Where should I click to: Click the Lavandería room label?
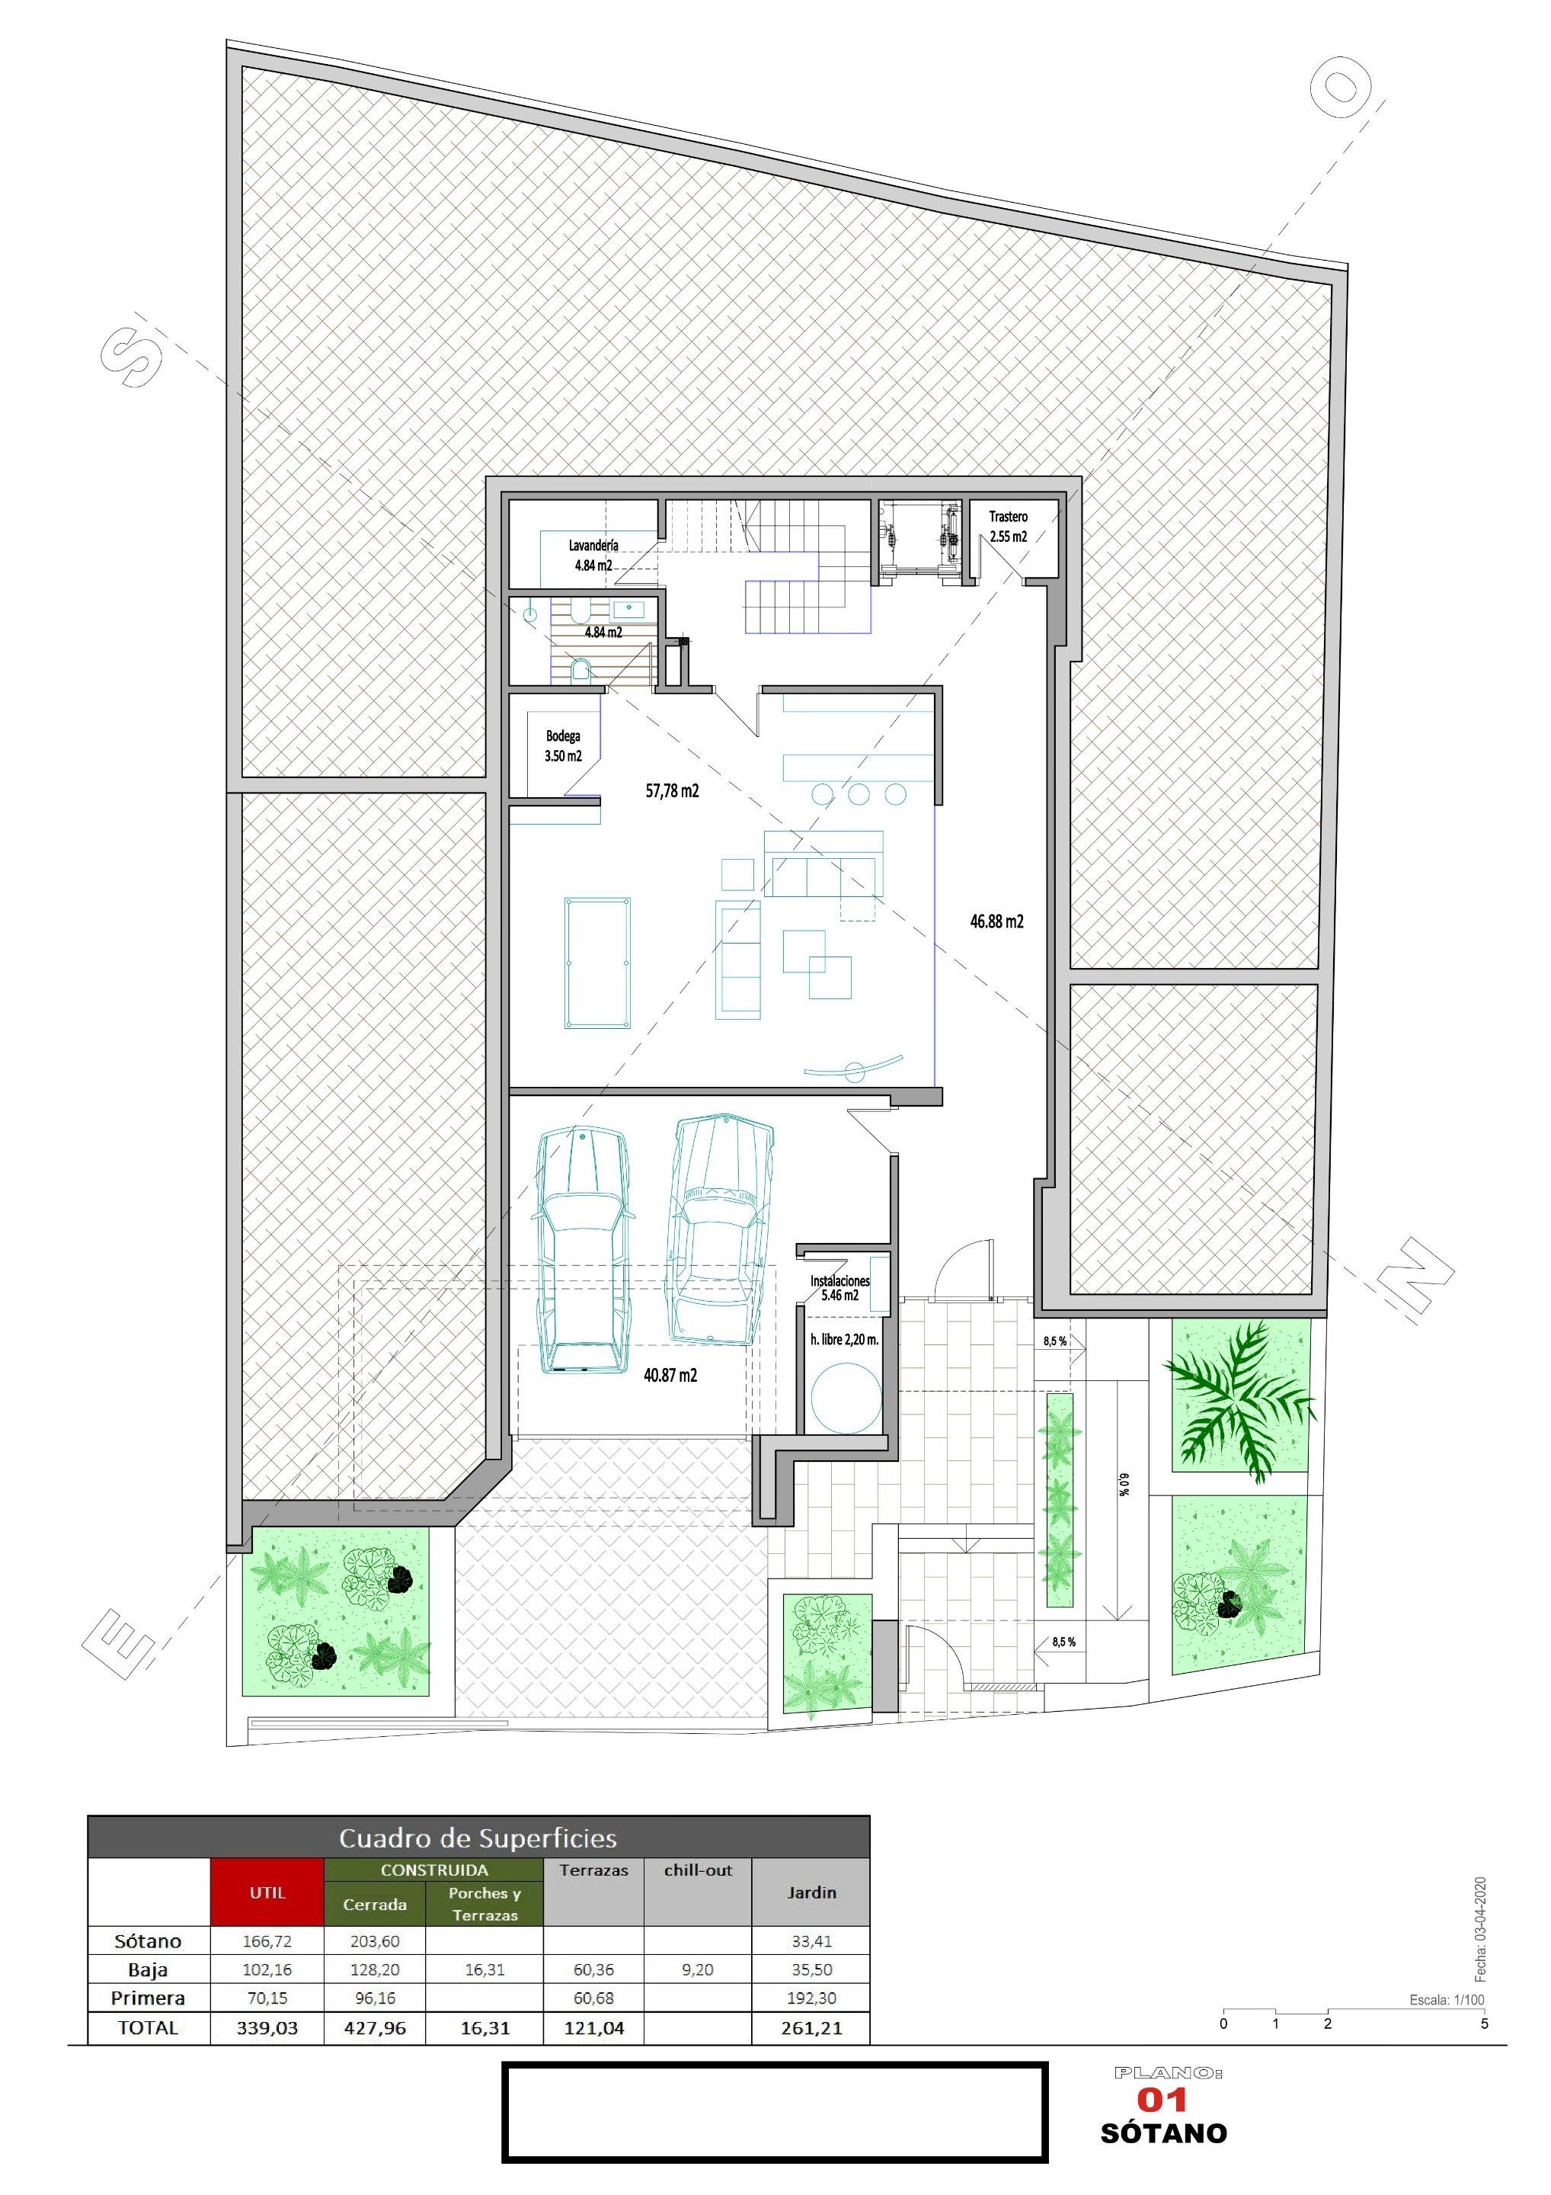click(x=593, y=545)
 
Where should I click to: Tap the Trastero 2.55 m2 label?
click(x=1008, y=527)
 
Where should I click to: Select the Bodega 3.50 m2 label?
click(x=563, y=745)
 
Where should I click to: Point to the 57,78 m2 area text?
click(x=672, y=790)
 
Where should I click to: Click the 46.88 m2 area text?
click(x=996, y=921)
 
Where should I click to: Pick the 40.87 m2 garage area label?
click(x=670, y=1375)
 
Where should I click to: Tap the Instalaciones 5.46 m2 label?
click(x=840, y=1288)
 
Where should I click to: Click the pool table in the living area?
click(x=597, y=962)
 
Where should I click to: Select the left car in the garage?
click(x=582, y=1251)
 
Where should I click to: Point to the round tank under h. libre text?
click(x=846, y=1397)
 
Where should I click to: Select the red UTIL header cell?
click(x=267, y=1892)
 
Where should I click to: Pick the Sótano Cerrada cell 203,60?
click(x=375, y=1940)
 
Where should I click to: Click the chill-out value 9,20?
click(x=698, y=1969)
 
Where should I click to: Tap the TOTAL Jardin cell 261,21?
click(x=811, y=2027)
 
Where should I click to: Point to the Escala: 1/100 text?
click(x=1447, y=1999)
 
